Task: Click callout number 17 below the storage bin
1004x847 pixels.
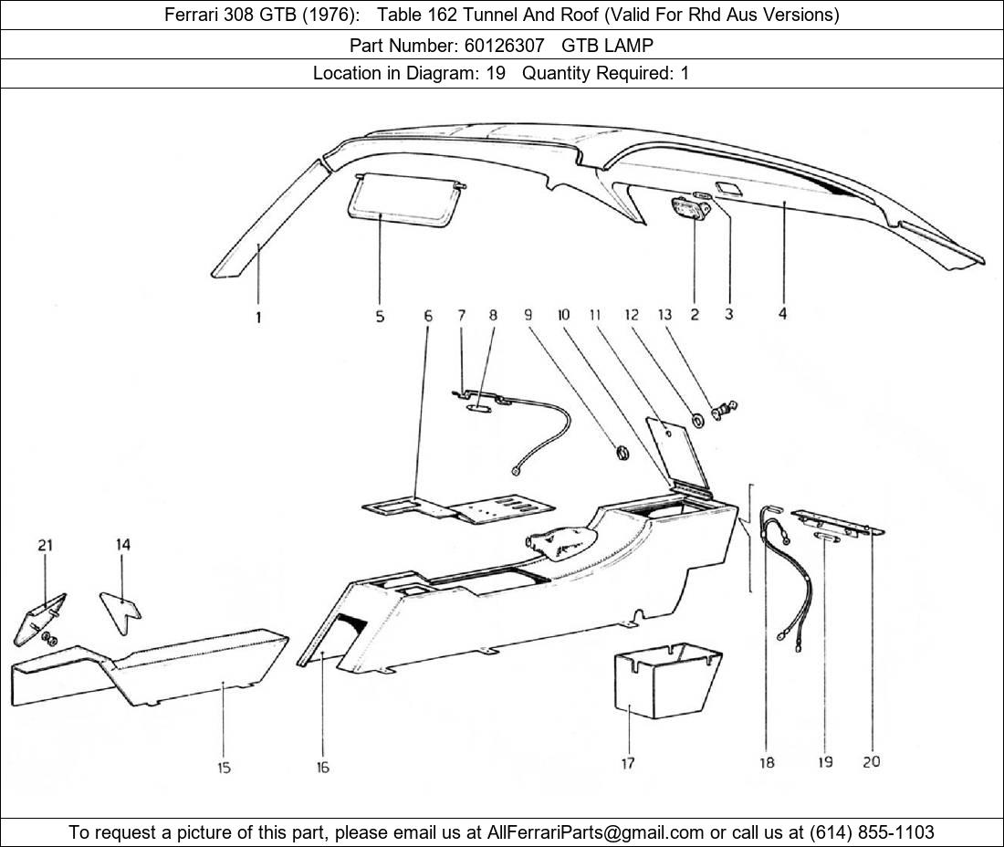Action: [x=628, y=763]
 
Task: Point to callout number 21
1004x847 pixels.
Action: [x=45, y=546]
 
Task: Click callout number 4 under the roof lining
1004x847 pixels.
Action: [x=783, y=314]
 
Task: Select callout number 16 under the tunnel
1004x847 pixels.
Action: [x=322, y=768]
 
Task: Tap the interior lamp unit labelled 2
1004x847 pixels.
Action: [x=693, y=209]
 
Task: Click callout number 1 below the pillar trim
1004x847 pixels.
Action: [x=258, y=319]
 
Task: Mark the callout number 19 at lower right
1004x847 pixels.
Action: [x=825, y=761]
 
